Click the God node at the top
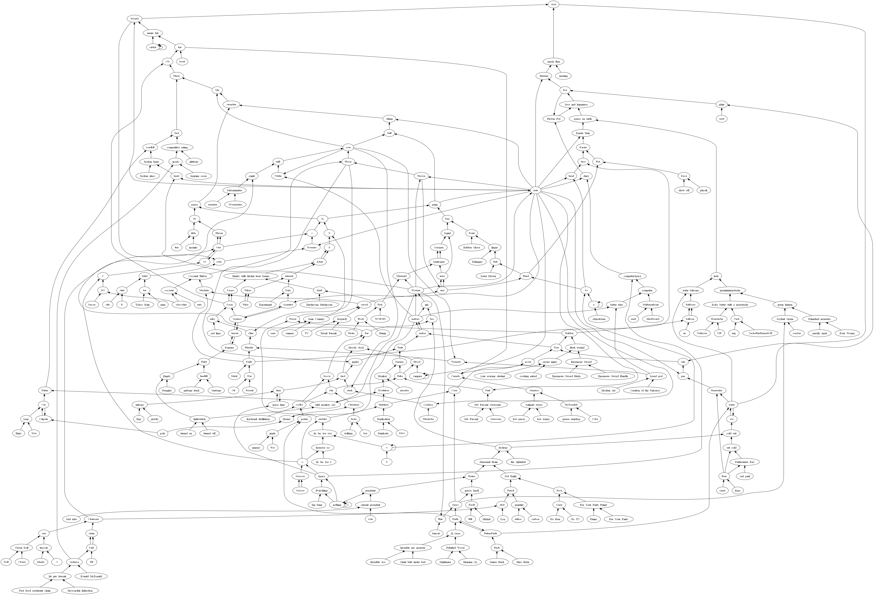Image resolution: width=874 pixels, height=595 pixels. point(554,4)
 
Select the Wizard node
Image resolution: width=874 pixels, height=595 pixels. point(134,19)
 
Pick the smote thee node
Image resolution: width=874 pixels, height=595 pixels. point(554,62)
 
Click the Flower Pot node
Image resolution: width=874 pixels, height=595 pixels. point(554,119)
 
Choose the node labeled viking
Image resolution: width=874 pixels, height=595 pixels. point(389,119)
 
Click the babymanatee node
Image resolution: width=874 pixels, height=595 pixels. point(235,190)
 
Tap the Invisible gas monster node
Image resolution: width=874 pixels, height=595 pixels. point(413,548)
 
